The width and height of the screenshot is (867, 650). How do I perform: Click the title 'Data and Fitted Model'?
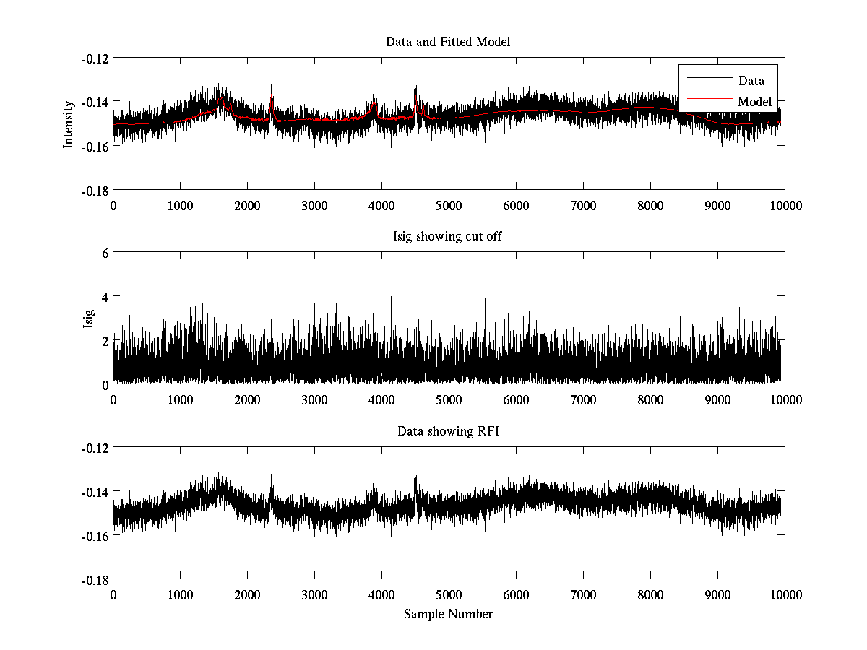(x=448, y=42)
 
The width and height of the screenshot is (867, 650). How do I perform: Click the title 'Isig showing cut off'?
(x=448, y=237)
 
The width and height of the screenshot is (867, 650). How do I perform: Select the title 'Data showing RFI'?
(x=448, y=432)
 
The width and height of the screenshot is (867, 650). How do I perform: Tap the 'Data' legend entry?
(x=751, y=81)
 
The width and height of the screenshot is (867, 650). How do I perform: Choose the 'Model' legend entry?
(x=754, y=102)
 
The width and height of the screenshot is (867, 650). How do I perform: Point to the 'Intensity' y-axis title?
(x=69, y=124)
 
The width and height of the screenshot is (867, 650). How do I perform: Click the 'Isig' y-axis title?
(x=88, y=318)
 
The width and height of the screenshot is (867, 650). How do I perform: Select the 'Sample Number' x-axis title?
(x=448, y=615)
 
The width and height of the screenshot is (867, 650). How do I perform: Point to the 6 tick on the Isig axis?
(x=104, y=253)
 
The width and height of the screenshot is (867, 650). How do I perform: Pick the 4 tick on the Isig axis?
(x=104, y=297)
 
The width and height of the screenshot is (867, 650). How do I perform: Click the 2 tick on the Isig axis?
(x=104, y=341)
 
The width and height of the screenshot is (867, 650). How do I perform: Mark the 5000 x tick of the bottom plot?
(x=449, y=594)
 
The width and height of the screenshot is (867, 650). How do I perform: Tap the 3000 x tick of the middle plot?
(x=314, y=400)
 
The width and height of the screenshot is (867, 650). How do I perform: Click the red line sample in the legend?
(x=704, y=102)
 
